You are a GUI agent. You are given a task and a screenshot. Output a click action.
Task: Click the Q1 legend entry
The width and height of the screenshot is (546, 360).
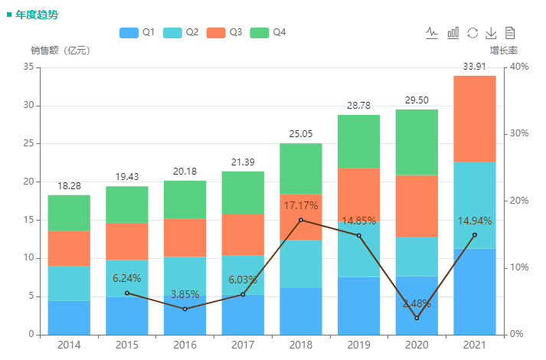pos(138,32)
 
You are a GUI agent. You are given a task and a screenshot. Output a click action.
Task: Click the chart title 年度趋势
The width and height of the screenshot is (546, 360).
pos(36,14)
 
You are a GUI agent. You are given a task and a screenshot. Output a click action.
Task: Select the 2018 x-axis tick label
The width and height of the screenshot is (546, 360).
pos(300,345)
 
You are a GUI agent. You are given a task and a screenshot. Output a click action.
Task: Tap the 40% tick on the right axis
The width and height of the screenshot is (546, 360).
pos(518,67)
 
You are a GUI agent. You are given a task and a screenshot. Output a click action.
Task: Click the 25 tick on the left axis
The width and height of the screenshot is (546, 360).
pos(30,143)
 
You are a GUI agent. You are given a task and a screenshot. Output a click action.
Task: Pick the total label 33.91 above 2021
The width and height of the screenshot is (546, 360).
pos(474,67)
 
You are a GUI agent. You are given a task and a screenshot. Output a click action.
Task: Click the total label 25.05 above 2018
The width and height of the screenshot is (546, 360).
pos(300,134)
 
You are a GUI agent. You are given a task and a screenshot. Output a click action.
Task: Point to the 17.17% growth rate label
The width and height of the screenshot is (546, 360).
pos(300,206)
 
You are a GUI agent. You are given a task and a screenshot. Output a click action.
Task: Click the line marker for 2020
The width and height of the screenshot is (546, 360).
pos(417,318)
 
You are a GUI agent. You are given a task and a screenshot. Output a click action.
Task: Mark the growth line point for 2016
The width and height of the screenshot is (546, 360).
pos(185,309)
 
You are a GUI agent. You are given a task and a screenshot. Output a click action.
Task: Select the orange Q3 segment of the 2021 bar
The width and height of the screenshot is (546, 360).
pos(474,119)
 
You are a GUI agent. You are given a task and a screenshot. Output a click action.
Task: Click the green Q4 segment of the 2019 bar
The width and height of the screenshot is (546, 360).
pos(358,141)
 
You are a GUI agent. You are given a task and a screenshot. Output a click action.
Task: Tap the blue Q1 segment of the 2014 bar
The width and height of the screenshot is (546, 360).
pos(69,317)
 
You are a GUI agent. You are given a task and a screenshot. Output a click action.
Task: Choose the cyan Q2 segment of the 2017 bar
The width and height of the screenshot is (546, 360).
pos(243,275)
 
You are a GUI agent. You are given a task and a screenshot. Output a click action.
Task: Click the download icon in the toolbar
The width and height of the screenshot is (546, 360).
pos(492,32)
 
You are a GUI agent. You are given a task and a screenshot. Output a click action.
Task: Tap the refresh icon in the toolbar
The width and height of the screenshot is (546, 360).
pos(472,32)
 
